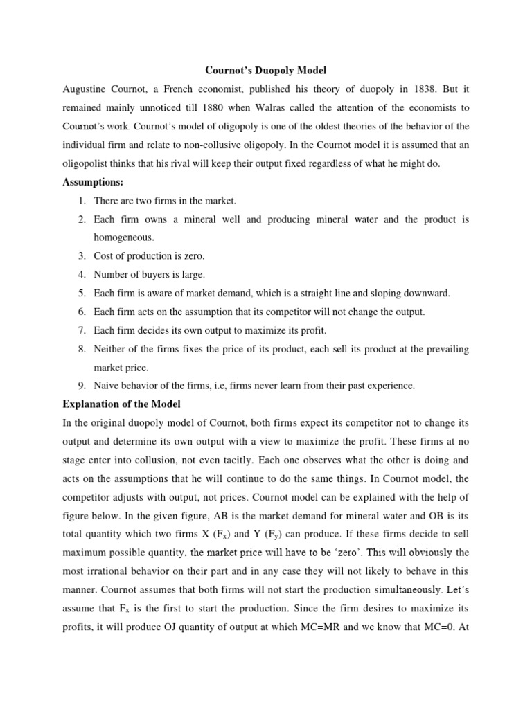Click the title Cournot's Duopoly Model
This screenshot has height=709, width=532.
point(266,71)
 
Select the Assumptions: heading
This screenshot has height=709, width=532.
point(93,183)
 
